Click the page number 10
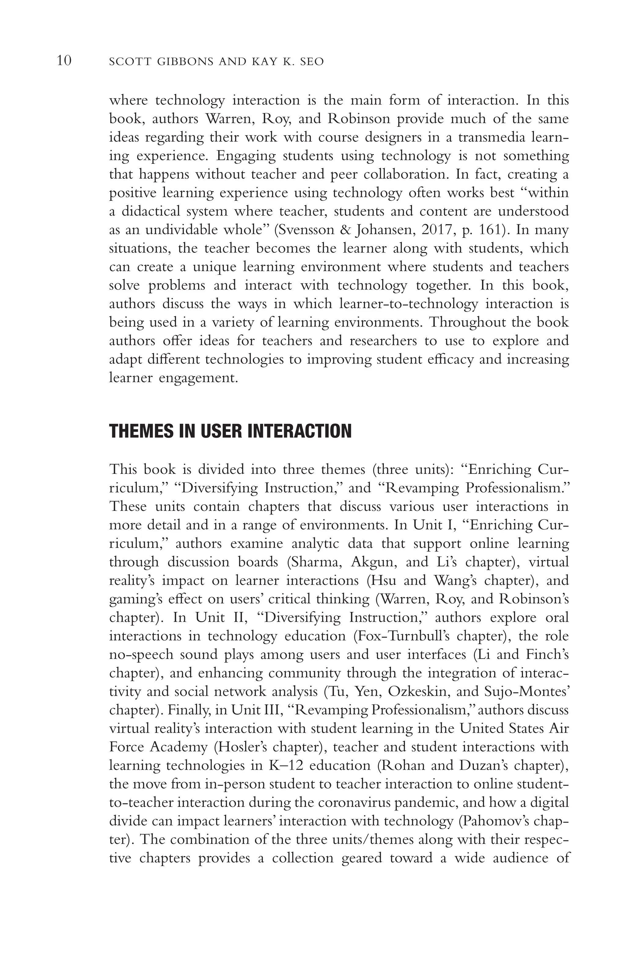pyautogui.click(x=64, y=61)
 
